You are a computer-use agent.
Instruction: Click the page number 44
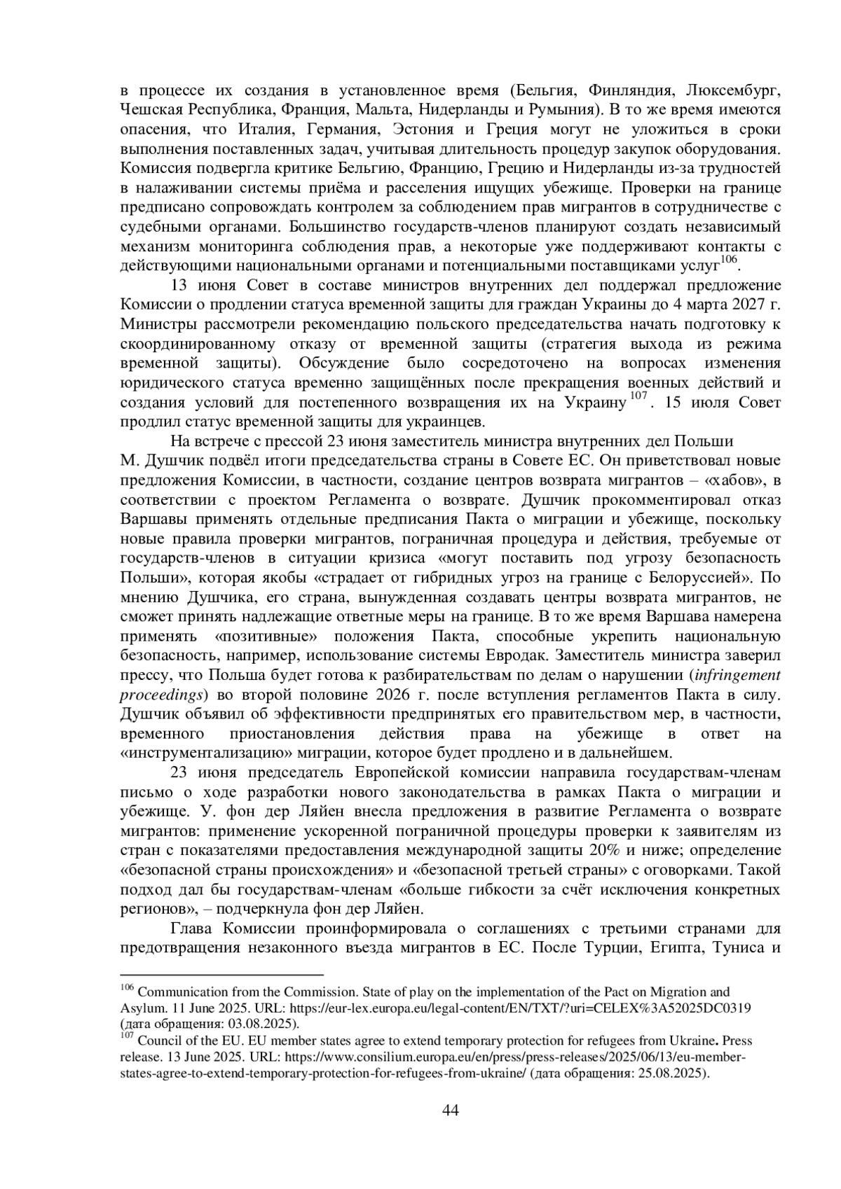point(451,1111)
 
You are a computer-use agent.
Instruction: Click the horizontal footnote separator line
point(221,974)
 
